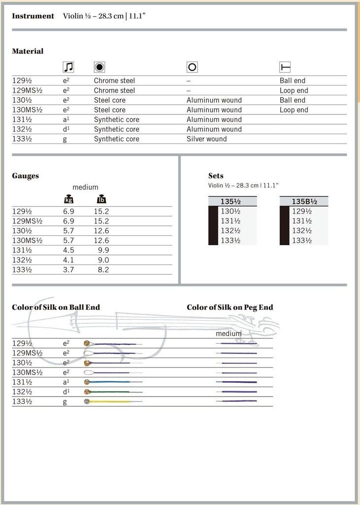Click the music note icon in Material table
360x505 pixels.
click(x=68, y=67)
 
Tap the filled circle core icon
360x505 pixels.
click(x=99, y=67)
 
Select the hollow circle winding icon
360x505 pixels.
click(x=192, y=67)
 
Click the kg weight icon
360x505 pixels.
click(x=69, y=199)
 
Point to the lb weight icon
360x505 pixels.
click(x=102, y=199)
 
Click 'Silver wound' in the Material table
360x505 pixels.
click(x=207, y=139)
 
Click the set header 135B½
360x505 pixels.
click(x=304, y=201)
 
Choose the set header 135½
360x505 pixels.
click(x=233, y=201)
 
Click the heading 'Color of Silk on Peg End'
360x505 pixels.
click(x=230, y=307)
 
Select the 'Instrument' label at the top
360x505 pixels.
click(x=33, y=16)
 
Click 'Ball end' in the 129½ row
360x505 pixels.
click(x=292, y=81)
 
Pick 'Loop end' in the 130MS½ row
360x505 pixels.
click(x=294, y=110)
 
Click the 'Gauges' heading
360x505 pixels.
click(x=25, y=176)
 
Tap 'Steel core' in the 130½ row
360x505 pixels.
click(x=109, y=100)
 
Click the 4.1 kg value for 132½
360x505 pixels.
click(x=69, y=260)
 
